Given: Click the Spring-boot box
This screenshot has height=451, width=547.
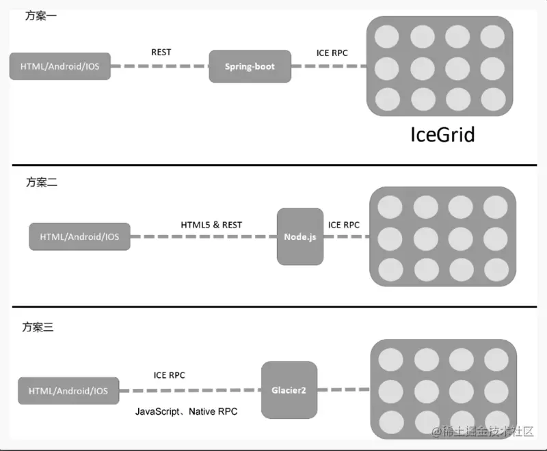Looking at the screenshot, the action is (250, 66).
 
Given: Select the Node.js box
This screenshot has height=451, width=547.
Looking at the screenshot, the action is (300, 236).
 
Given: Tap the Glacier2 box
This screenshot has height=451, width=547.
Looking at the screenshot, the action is (289, 390).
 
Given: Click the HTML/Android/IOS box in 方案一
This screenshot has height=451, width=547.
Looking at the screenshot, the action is (60, 66).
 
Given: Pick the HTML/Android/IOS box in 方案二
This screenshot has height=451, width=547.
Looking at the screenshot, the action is (79, 236).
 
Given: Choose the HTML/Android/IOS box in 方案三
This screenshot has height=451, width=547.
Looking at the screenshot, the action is (68, 391).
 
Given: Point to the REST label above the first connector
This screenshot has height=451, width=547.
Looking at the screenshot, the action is (161, 53).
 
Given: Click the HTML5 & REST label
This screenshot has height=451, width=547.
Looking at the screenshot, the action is (211, 225).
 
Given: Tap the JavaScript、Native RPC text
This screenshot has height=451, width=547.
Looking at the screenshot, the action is (186, 411).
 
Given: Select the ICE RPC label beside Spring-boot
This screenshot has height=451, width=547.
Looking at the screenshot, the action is (332, 53).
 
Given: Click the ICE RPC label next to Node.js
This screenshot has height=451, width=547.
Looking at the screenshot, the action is (344, 225).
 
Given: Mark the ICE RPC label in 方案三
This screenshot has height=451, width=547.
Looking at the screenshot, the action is (169, 375).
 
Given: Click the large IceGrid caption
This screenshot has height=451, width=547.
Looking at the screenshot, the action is (442, 135).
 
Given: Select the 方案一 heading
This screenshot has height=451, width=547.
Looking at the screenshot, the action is (41, 16).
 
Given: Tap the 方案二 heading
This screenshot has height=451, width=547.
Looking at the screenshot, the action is (42, 182).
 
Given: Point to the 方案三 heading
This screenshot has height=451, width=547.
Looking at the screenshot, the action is (38, 327).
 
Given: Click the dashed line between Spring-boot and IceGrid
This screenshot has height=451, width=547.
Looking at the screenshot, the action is (329, 66).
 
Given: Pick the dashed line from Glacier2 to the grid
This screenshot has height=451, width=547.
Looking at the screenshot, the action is (344, 389).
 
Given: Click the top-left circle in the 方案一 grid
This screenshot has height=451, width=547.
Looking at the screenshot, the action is (387, 37).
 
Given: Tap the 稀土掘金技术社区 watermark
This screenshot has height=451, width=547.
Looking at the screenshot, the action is (483, 431).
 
